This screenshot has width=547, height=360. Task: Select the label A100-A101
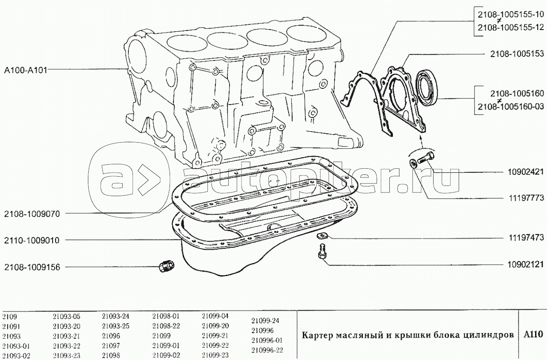[x=26, y=70]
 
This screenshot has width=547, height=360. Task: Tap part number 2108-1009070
[x=32, y=214]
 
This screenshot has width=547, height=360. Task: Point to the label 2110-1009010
[x=32, y=240]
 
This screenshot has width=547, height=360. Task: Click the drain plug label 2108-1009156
[x=32, y=267]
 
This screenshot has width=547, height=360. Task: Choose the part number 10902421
[x=526, y=172]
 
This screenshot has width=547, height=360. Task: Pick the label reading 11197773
[x=526, y=198]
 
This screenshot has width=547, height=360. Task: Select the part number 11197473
[x=526, y=238]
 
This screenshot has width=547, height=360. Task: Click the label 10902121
[x=526, y=265]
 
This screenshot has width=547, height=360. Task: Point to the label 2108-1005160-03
[x=511, y=106]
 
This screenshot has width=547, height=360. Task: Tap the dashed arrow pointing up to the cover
[x=421, y=142]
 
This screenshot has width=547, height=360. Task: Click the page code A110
[x=533, y=334]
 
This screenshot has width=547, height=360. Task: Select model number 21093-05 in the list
[x=66, y=317]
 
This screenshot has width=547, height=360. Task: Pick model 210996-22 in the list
[x=267, y=350]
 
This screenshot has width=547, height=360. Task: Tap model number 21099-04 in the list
[x=215, y=316]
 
